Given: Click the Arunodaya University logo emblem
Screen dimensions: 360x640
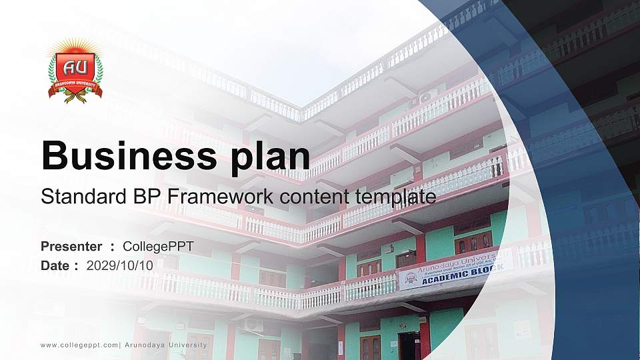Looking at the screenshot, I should click(x=75, y=71).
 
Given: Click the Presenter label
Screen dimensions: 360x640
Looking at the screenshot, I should click(x=71, y=247).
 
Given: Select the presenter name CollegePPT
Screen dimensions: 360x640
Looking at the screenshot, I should click(x=158, y=247).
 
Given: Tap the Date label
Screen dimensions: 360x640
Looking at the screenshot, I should click(x=55, y=265).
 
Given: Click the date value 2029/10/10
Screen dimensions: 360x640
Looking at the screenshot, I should click(x=120, y=265).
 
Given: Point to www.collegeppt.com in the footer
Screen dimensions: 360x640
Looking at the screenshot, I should click(x=79, y=345).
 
